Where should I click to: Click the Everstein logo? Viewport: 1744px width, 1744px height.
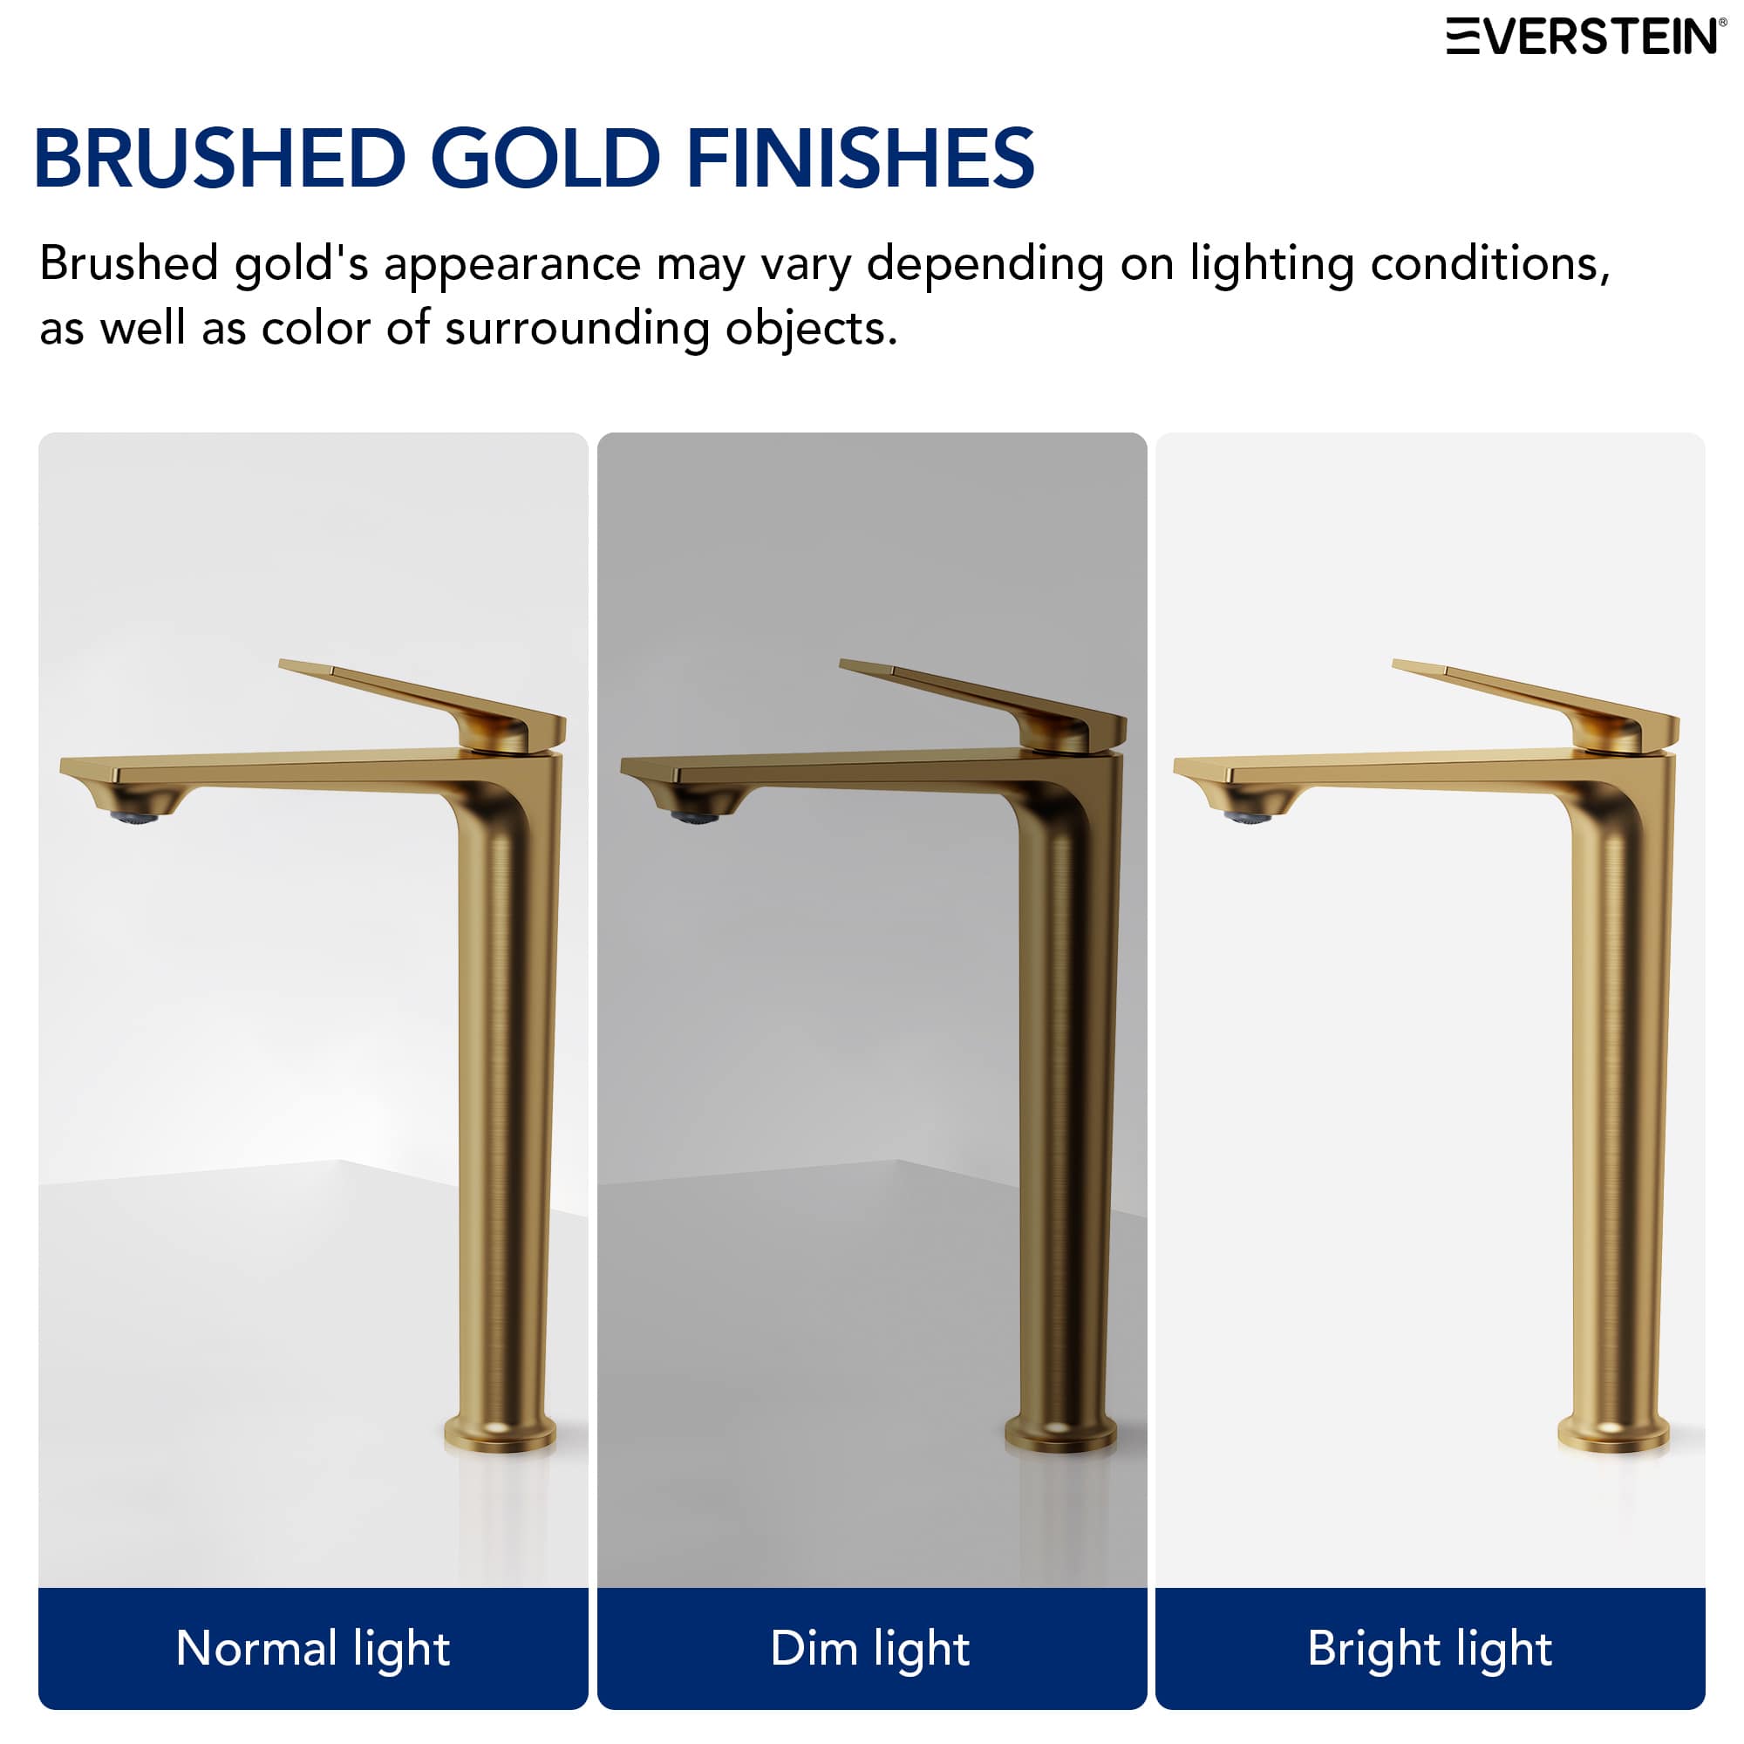click(x=1585, y=36)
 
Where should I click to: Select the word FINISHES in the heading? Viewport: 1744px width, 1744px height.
click(x=860, y=159)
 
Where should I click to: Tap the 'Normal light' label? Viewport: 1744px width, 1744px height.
click(x=312, y=1648)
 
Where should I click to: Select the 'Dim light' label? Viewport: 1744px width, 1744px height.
click(x=870, y=1648)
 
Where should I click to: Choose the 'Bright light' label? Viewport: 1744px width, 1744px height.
click(x=1430, y=1648)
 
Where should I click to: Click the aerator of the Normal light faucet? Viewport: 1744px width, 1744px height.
click(x=133, y=818)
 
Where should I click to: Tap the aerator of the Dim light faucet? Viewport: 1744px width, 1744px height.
click(x=695, y=818)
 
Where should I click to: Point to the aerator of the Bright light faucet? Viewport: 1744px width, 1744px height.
click(x=1248, y=818)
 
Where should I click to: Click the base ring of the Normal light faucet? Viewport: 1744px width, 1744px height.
click(x=500, y=1434)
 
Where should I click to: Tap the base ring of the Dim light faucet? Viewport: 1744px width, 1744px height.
click(x=1060, y=1434)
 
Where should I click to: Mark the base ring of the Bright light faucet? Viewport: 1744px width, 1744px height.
click(x=1613, y=1434)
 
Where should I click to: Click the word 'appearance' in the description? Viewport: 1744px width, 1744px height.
click(x=512, y=264)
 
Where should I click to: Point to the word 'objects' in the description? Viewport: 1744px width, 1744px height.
click(x=811, y=329)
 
